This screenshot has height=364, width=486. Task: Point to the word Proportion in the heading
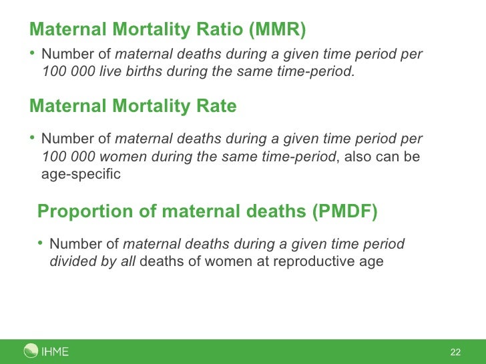(79, 211)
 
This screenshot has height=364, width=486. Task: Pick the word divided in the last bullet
(72, 261)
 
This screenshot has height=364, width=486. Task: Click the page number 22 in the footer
(456, 351)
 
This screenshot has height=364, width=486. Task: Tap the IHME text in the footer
(56, 351)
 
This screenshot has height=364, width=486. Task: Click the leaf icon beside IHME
(31, 351)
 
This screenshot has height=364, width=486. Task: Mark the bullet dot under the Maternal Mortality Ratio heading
(33, 53)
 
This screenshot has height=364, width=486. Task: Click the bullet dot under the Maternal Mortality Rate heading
(33, 139)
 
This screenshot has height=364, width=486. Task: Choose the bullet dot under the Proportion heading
(41, 243)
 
